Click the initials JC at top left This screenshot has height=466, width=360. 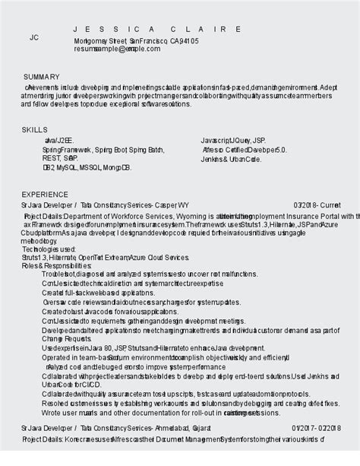click(x=33, y=37)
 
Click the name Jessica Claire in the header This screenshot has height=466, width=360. click(x=157, y=28)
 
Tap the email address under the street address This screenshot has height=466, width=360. click(x=117, y=49)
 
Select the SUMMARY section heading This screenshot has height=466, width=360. click(x=42, y=77)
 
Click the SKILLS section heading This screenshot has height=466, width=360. click(x=34, y=131)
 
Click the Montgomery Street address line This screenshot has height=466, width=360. click(x=137, y=40)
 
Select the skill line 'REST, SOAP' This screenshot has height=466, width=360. click(x=60, y=158)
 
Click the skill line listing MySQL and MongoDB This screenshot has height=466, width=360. click(x=87, y=166)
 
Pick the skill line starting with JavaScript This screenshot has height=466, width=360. click(x=233, y=141)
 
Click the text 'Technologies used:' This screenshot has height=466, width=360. click(x=49, y=249)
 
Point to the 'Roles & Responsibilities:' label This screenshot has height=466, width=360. click(x=57, y=266)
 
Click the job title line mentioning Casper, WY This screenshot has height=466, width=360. click(x=106, y=205)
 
